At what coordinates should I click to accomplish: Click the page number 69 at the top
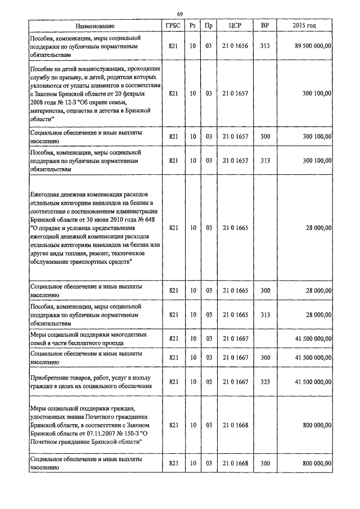[179, 14]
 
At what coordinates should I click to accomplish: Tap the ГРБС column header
[173, 26]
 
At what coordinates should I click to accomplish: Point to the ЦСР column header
[235, 26]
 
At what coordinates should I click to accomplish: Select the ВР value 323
[264, 382]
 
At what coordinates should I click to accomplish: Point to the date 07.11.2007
[93, 434]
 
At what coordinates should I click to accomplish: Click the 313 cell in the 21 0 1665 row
[264, 315]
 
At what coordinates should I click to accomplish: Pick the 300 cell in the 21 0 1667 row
[264, 358]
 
